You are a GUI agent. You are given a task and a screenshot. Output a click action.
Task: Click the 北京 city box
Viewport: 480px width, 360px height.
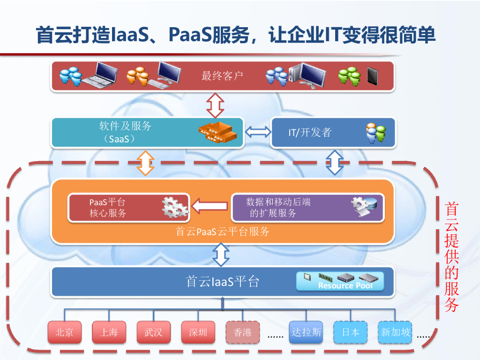pyautogui.click(x=64, y=332)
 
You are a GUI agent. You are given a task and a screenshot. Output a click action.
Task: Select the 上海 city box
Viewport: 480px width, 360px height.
pyautogui.click(x=109, y=332)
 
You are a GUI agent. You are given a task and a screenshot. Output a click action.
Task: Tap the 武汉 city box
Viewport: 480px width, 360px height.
pyautogui.click(x=153, y=332)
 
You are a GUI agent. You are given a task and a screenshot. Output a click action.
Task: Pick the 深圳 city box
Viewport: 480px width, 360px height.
pyautogui.click(x=198, y=332)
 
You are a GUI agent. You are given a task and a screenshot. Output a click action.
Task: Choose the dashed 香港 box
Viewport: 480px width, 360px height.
pyautogui.click(x=242, y=332)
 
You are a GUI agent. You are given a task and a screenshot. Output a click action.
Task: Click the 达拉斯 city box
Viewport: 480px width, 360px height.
pyautogui.click(x=306, y=332)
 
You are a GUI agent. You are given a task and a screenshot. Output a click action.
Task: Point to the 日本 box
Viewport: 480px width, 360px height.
pyautogui.click(x=350, y=332)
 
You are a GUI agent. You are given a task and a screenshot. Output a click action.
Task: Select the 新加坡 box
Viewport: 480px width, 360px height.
pyautogui.click(x=396, y=332)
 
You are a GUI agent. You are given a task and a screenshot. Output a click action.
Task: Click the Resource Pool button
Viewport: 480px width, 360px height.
pyautogui.click(x=340, y=281)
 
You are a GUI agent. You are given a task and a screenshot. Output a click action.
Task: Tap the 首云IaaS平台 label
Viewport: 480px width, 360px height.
pyautogui.click(x=222, y=282)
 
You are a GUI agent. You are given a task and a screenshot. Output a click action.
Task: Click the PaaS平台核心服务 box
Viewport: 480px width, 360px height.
pyautogui.click(x=129, y=208)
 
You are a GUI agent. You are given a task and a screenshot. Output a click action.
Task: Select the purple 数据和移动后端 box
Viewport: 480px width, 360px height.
pyautogui.click(x=307, y=208)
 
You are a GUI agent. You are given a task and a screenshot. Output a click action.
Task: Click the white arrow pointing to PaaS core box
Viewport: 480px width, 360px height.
pyautogui.click(x=210, y=205)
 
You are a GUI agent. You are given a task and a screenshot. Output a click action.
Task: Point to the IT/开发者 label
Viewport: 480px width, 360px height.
pyautogui.click(x=309, y=133)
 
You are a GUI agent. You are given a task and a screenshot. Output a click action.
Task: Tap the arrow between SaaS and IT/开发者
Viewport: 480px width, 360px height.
pyautogui.click(x=257, y=132)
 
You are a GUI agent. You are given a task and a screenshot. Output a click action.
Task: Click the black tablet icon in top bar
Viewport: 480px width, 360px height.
pyautogui.click(x=372, y=76)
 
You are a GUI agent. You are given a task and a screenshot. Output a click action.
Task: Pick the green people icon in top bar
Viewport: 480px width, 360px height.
pyautogui.click(x=350, y=76)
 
